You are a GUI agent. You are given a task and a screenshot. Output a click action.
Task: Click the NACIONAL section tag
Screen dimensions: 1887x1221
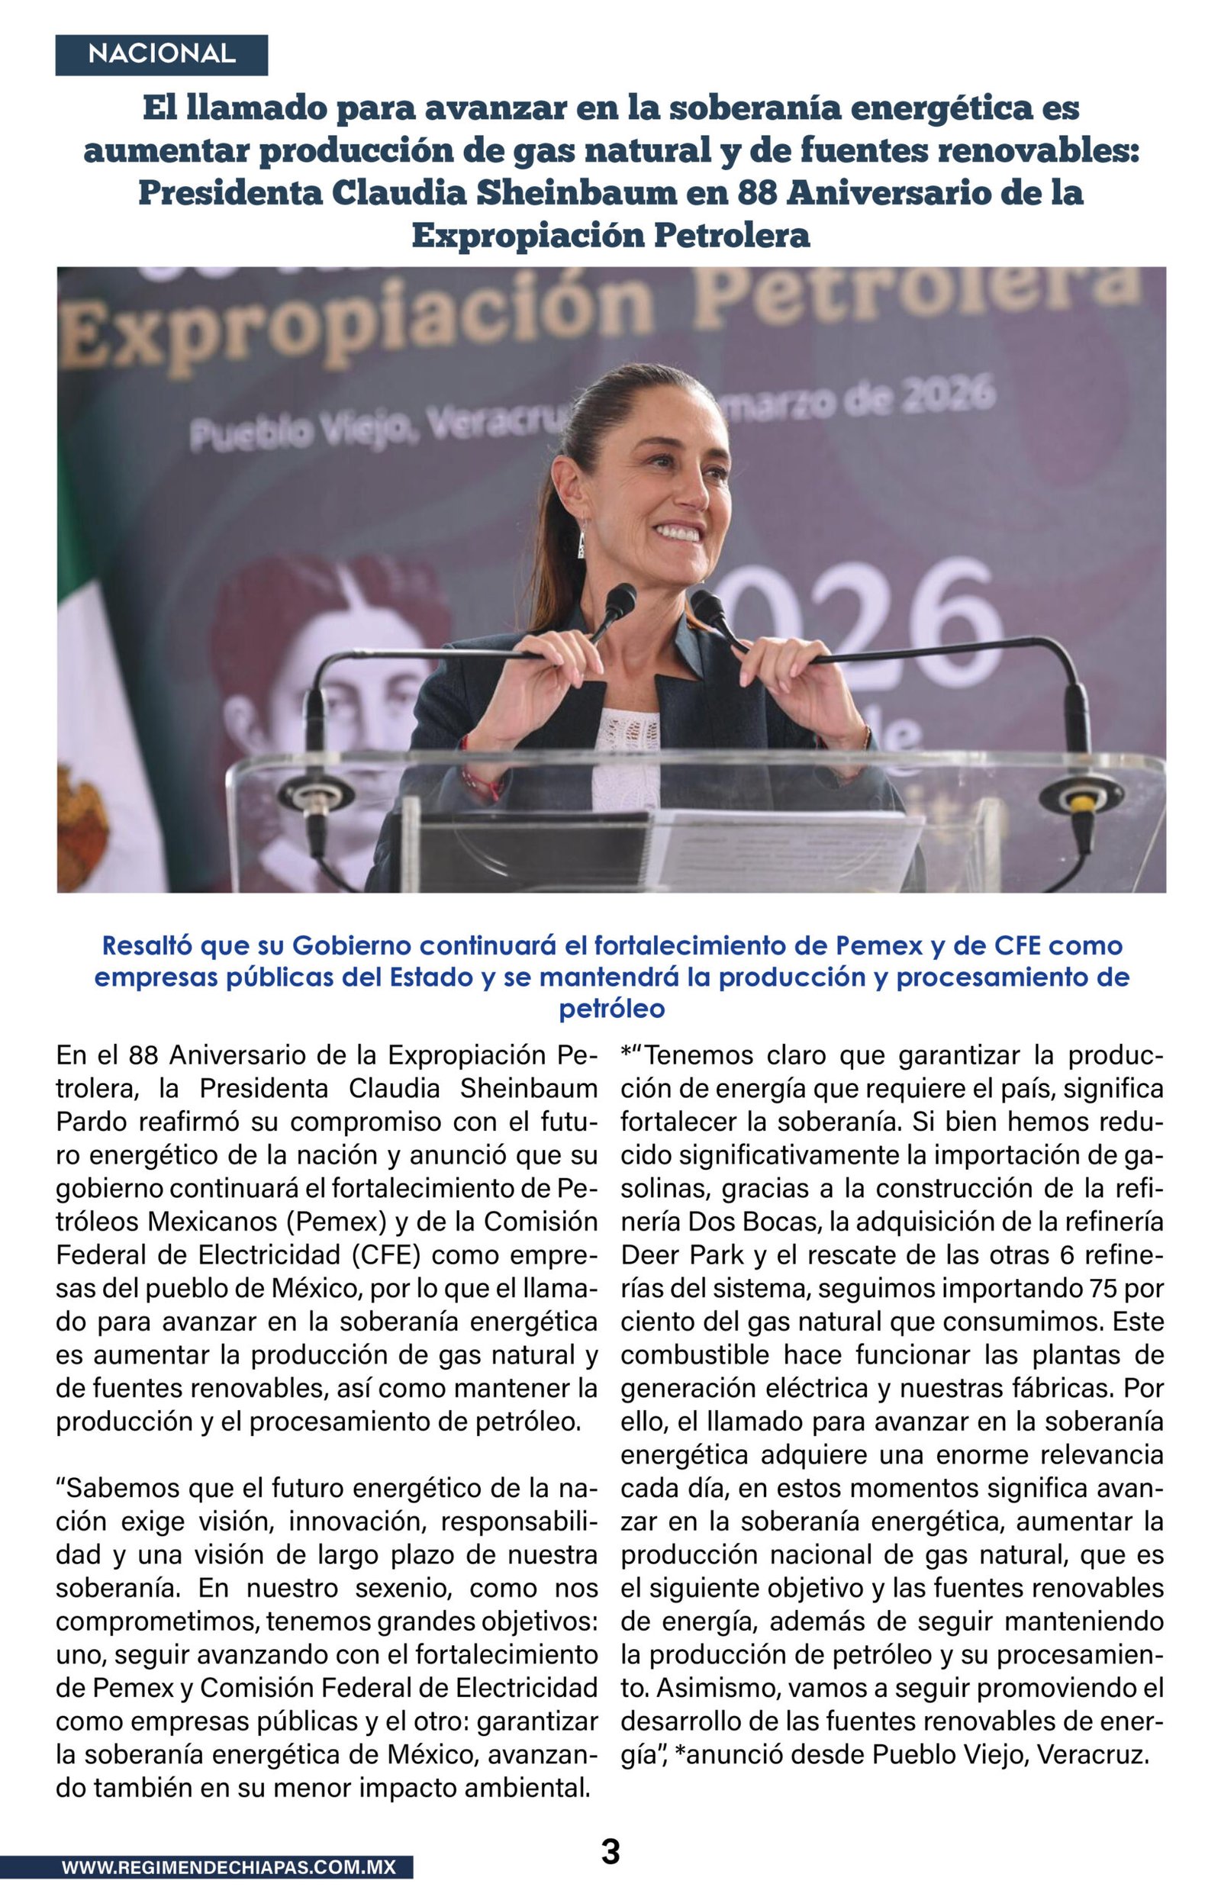coord(161,55)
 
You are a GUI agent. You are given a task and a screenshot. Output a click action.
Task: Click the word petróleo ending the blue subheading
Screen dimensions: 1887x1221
coord(611,1009)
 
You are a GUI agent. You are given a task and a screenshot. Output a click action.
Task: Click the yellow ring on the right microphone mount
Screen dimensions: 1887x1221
coord(1079,803)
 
